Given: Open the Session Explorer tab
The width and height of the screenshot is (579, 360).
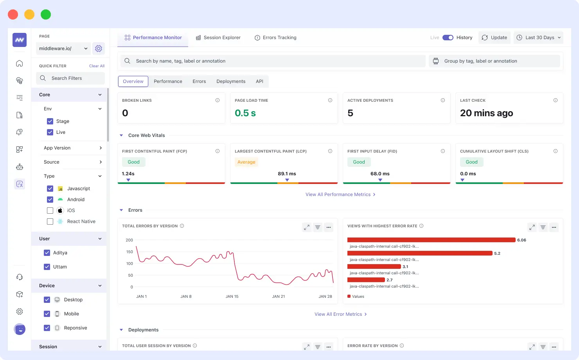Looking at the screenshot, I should tap(218, 38).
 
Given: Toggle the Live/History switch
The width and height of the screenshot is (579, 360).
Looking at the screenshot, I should tap(448, 38).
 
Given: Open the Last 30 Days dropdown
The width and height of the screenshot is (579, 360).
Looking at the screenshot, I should tap(538, 38).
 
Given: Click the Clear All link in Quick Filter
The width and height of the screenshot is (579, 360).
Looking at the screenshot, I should tap(97, 66).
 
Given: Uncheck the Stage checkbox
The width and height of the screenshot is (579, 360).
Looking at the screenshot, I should tap(50, 121).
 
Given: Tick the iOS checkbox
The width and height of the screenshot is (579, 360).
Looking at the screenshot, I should tap(50, 211).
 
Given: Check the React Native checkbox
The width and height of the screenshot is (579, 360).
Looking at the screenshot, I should tap(50, 221).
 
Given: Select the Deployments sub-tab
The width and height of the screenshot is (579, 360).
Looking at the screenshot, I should tap(231, 81).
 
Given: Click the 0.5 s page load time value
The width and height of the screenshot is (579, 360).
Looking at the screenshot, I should tap(245, 113).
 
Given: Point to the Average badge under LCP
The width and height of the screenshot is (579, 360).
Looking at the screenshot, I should tap(246, 162).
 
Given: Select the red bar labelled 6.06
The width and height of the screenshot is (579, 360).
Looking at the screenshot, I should tap(431, 240).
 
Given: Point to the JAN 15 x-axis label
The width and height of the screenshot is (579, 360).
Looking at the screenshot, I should tap(232, 297).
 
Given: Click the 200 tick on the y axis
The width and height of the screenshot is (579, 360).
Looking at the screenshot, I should tap(129, 240).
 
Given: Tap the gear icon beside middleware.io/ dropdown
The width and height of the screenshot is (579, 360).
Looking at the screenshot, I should tap(99, 49).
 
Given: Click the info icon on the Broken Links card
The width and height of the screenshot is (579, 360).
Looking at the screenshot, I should tap(218, 100).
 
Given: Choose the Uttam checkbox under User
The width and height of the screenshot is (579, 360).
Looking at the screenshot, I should tap(47, 267).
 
